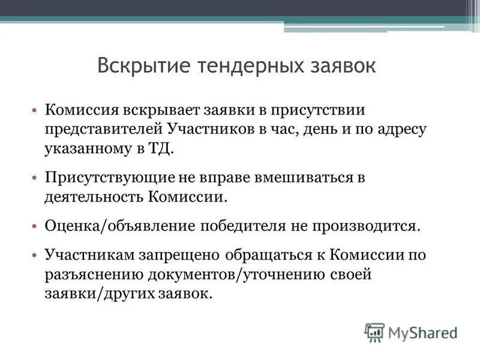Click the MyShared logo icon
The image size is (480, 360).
tap(374, 331)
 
